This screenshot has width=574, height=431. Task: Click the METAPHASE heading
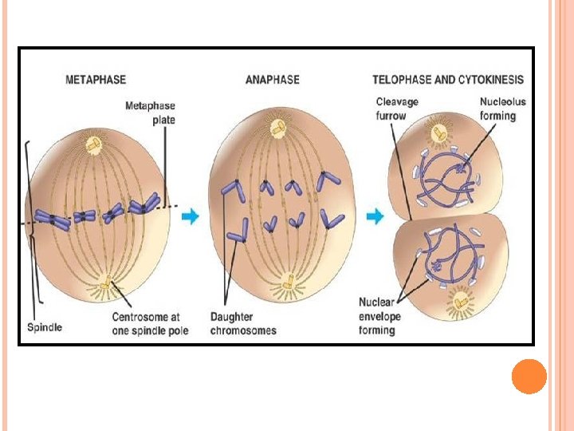(95, 80)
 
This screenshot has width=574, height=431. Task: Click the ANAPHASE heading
(272, 80)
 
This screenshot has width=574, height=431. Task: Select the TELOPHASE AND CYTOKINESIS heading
(448, 80)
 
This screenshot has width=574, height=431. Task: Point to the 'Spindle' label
(45, 327)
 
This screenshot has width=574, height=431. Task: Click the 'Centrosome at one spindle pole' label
(149, 323)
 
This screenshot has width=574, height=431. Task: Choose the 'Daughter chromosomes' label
(243, 323)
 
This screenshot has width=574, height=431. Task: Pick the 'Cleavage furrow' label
(397, 109)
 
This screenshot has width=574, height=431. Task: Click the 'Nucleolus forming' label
(497, 109)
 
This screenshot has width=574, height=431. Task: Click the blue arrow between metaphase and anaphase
(191, 215)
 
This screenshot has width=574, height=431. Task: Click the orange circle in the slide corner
(529, 376)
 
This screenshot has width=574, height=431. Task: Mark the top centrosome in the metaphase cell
(94, 144)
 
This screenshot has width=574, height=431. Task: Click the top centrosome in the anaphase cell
(278, 127)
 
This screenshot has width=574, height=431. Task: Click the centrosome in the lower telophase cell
(460, 301)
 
